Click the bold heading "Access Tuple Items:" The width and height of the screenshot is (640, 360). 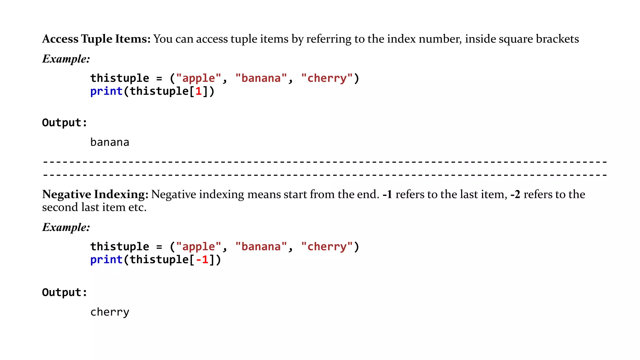[96, 39]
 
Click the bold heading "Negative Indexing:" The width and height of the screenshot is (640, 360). [95, 194]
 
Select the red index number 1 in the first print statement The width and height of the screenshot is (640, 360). [198, 91]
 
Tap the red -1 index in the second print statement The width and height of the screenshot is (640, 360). [202, 260]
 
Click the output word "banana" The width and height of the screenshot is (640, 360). [110, 142]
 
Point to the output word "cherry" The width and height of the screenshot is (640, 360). [110, 312]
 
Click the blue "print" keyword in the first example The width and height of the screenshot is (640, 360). [106, 91]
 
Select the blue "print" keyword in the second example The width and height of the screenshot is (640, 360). [106, 260]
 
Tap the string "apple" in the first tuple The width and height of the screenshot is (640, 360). [199, 78]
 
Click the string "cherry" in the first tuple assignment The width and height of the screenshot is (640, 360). [327, 78]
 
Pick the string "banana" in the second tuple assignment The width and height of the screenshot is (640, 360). [261, 247]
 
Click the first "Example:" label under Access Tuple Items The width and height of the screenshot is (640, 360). [66, 59]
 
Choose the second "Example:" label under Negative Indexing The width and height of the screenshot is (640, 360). [66, 227]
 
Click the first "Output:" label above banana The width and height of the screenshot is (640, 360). [64, 123]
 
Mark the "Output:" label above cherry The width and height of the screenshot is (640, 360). [64, 292]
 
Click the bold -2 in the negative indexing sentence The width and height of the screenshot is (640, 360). [515, 194]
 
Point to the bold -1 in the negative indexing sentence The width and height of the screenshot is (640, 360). [387, 194]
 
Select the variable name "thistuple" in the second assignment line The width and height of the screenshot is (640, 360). [120, 247]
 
